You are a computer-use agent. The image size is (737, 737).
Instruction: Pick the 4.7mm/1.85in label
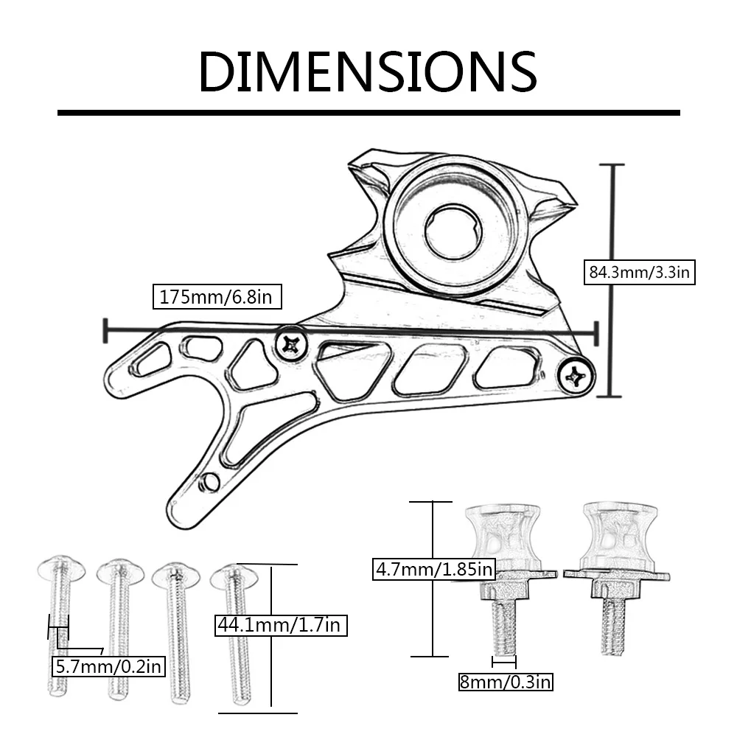tap(433, 569)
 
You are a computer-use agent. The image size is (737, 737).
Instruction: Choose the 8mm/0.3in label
tap(505, 682)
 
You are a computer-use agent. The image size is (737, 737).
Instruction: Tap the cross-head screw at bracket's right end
tap(576, 378)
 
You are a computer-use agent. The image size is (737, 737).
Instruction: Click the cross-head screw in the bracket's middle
tap(291, 343)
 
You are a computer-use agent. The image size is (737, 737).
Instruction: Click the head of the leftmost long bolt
tap(60, 568)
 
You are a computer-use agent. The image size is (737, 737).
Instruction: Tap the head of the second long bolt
tap(119, 569)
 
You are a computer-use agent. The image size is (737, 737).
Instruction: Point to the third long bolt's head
tap(176, 574)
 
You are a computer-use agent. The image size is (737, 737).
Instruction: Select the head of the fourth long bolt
tap(233, 573)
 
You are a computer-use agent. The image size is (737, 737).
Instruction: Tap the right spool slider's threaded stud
tap(612, 625)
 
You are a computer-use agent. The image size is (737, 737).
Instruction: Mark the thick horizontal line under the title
tap(368, 113)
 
